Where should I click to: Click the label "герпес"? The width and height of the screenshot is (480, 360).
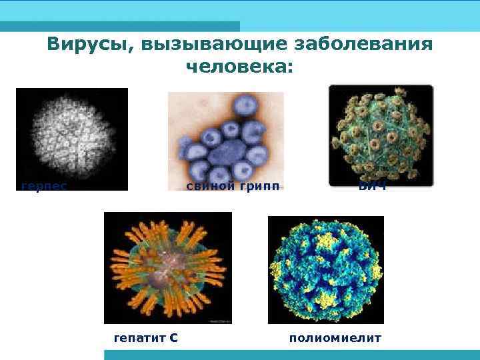point(44,186)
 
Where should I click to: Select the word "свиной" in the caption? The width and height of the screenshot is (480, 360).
point(210,186)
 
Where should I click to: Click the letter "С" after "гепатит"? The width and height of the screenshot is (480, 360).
point(173,337)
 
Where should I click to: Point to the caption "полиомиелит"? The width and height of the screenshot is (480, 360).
point(335,337)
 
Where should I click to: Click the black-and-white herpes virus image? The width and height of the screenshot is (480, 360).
point(71,137)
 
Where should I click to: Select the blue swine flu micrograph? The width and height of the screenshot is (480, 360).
point(225,137)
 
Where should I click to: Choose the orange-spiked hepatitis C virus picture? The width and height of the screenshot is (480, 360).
point(167,267)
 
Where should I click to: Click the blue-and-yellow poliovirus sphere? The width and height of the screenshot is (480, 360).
point(326,269)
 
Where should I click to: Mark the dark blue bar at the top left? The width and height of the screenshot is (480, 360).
point(120,26)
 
